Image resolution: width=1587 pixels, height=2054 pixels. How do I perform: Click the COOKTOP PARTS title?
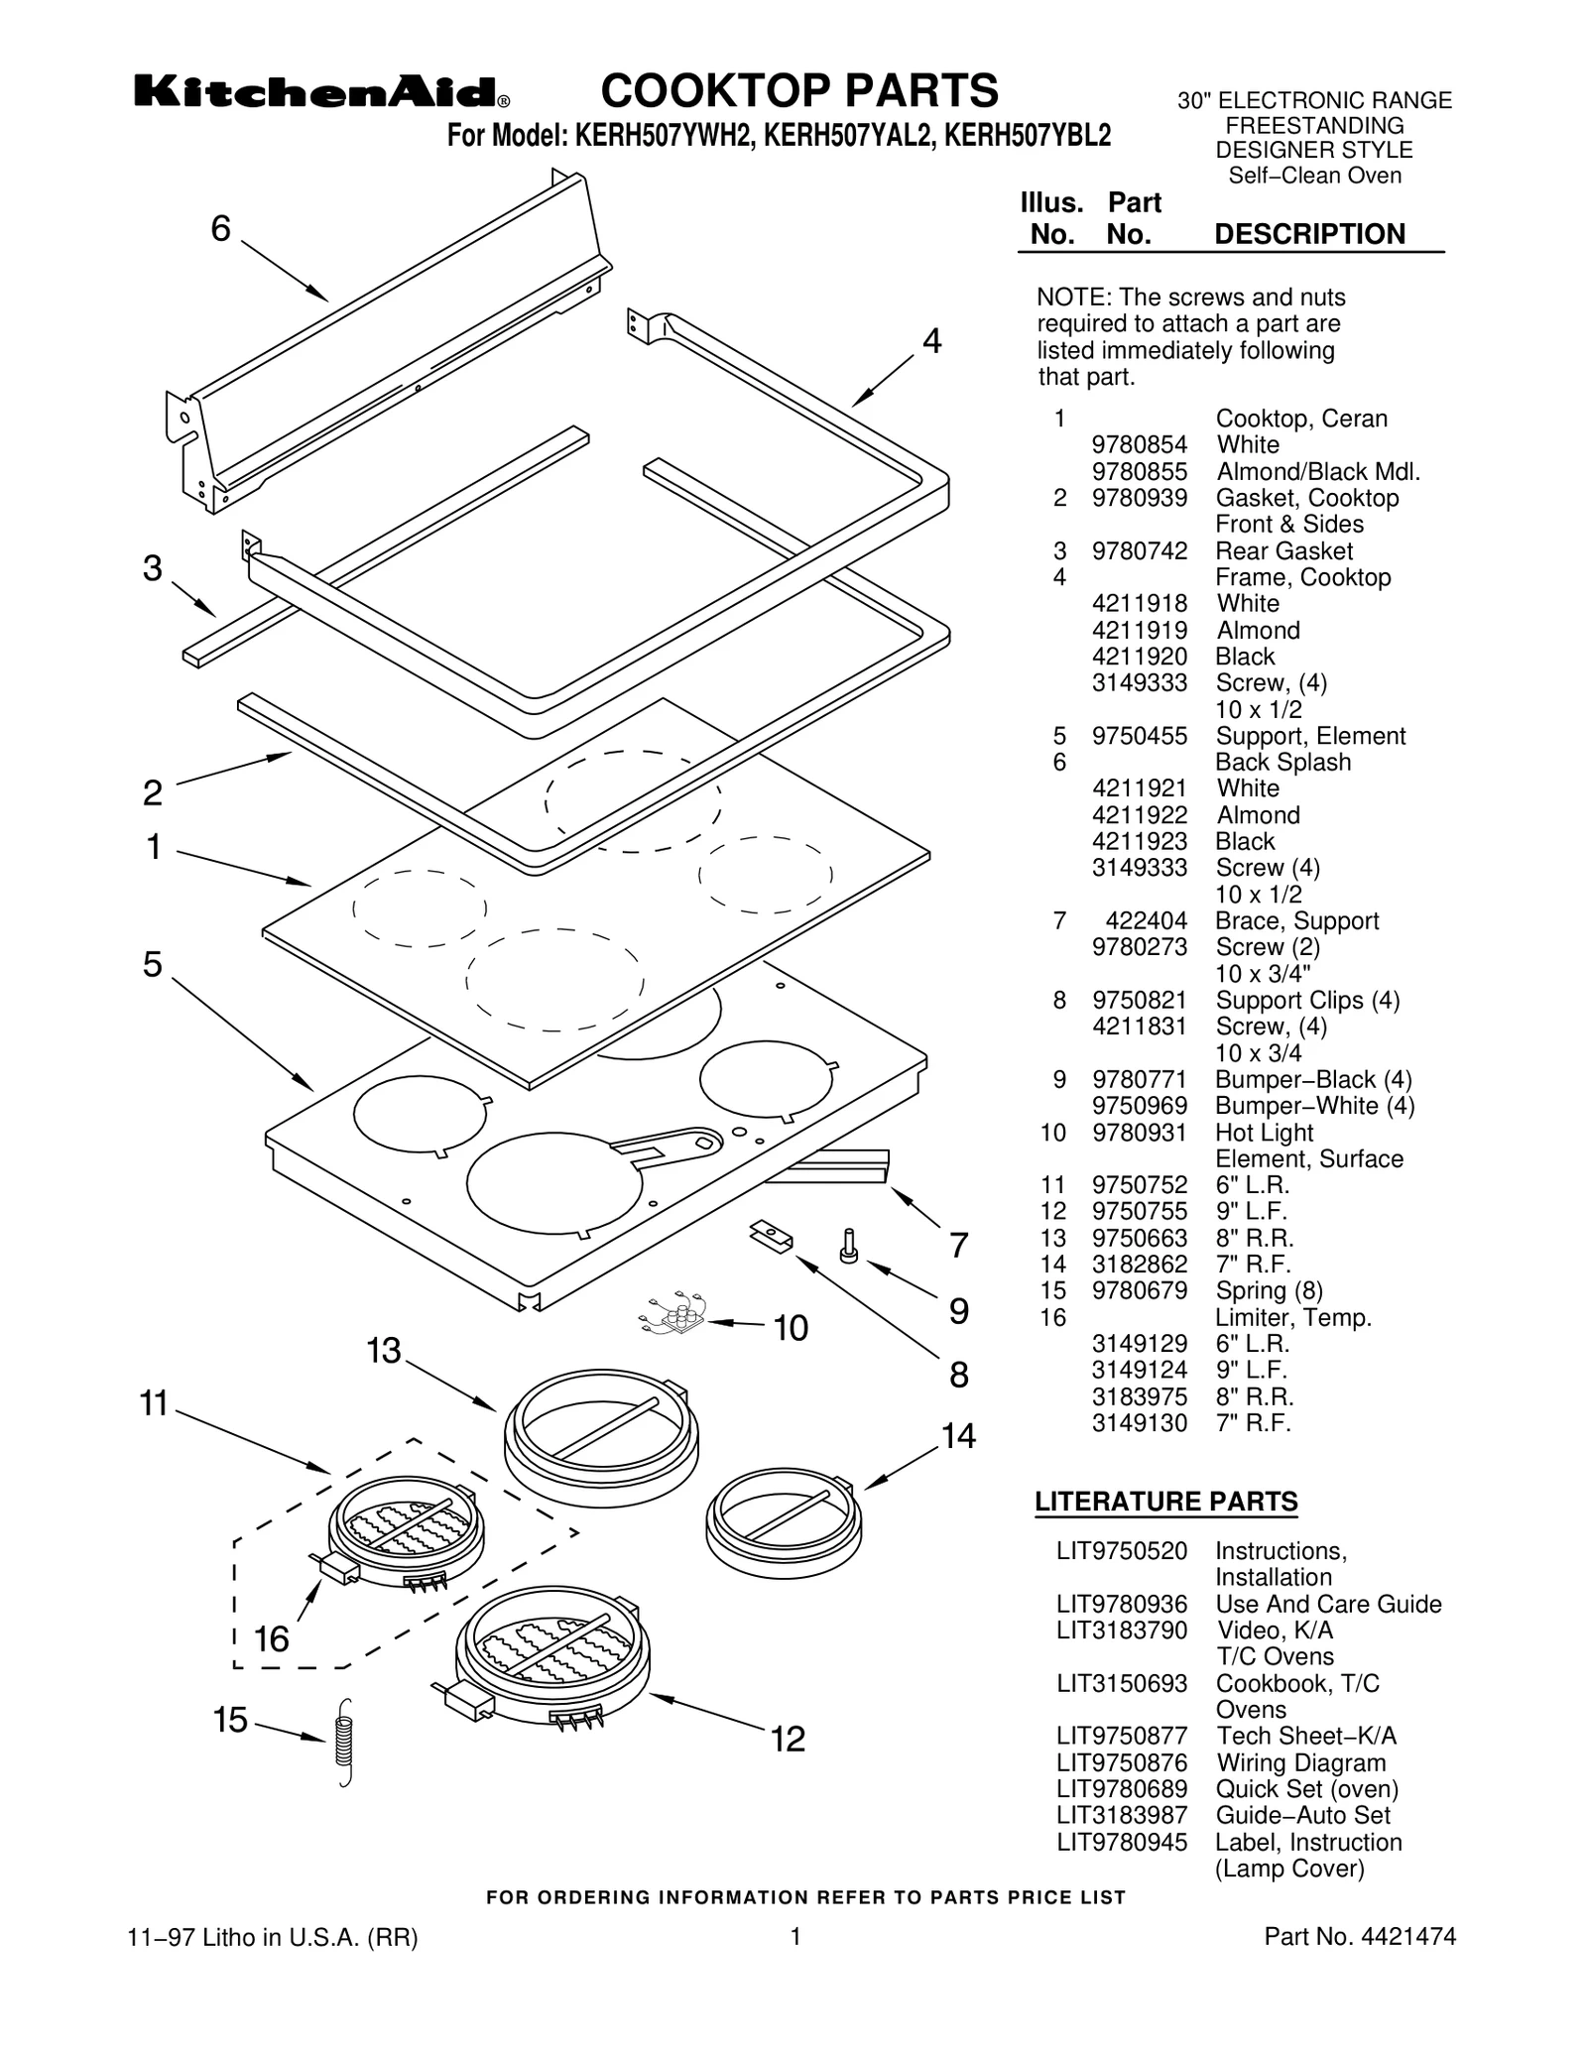coord(799,90)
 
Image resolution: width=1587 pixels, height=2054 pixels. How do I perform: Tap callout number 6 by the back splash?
coord(220,229)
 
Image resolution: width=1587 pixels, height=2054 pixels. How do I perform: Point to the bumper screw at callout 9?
coord(849,1246)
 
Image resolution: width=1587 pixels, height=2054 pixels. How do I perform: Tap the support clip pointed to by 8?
coord(772,1237)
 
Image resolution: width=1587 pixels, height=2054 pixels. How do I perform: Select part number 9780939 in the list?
coord(1139,498)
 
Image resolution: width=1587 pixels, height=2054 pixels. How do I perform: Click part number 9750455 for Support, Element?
coord(1139,736)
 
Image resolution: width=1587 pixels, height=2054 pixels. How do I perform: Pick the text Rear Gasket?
coord(1283,551)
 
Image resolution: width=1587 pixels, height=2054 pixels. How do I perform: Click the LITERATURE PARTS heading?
coord(1165,1502)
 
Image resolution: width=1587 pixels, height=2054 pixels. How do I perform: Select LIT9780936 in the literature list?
coord(1121,1604)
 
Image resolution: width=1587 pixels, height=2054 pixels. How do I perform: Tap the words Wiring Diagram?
coord(1300,1762)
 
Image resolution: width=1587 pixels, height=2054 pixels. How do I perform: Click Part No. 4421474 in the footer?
coord(1360,1936)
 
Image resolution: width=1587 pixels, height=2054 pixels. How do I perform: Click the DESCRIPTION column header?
coord(1309,234)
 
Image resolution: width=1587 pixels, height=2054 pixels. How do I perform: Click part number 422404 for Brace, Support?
coord(1146,920)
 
